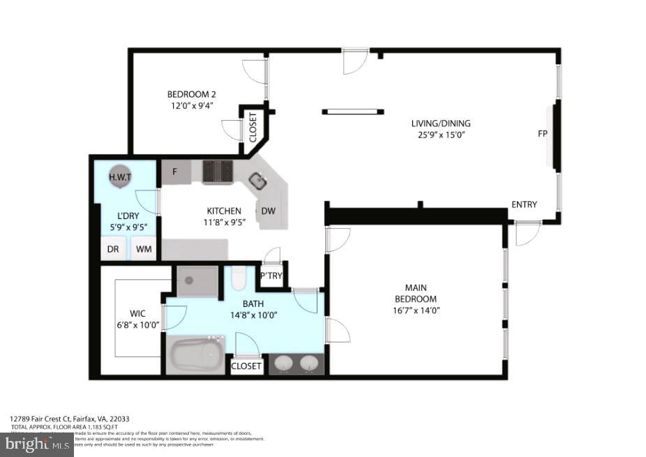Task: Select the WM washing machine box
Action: [144, 248]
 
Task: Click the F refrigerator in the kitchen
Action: [175, 172]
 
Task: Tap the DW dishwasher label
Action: [268, 211]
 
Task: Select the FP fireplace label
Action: [542, 133]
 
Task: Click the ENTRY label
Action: [524, 204]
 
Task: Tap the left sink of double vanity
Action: [284, 364]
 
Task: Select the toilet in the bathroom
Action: [237, 279]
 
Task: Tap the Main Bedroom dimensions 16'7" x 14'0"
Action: [416, 310]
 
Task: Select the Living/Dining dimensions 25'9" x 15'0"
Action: [437, 135]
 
